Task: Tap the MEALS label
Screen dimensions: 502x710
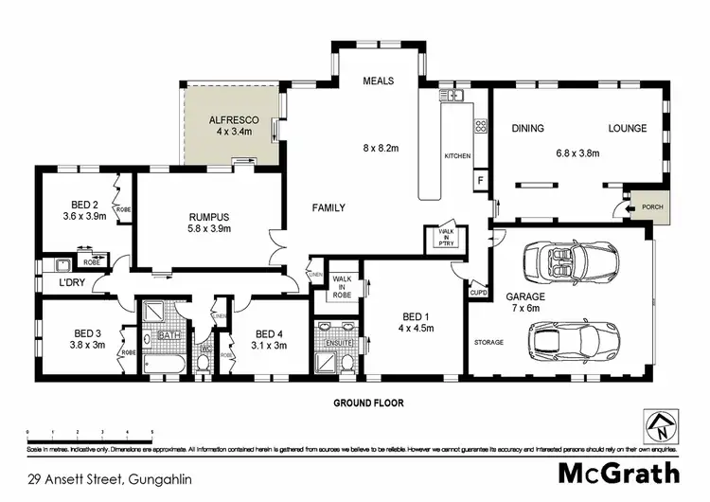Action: (379, 81)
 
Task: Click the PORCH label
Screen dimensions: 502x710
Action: (651, 206)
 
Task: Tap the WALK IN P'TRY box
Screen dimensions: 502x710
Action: (445, 237)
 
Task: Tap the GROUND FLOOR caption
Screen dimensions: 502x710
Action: (368, 403)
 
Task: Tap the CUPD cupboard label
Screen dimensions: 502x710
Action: (478, 294)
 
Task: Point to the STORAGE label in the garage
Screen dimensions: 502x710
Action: (488, 342)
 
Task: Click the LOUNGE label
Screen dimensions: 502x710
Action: (627, 128)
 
